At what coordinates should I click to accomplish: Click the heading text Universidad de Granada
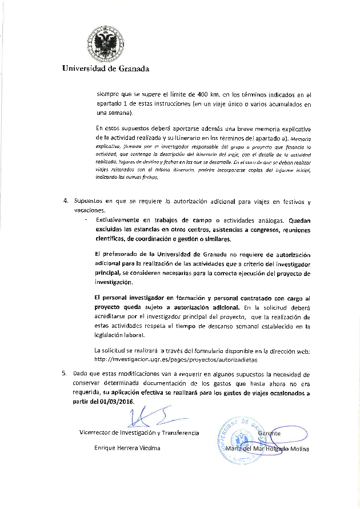click(106, 69)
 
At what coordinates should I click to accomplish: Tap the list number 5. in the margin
click(65, 373)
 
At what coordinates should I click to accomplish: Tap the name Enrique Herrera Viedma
click(127, 448)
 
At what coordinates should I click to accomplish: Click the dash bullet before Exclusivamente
click(85, 220)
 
